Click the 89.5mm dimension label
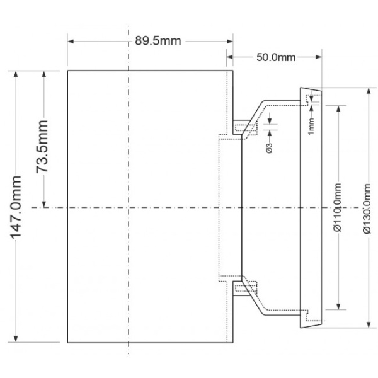[x=157, y=41]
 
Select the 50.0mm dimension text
[x=276, y=57]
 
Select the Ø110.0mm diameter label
[x=338, y=208]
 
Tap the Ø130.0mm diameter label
[x=367, y=208]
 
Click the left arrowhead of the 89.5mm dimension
[x=71, y=41]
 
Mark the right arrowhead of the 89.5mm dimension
[x=230, y=41]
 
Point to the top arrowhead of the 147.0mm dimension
[x=16, y=74]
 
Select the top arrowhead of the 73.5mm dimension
[x=43, y=74]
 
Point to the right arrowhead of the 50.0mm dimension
[x=319, y=57]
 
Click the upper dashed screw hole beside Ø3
[x=246, y=129]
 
